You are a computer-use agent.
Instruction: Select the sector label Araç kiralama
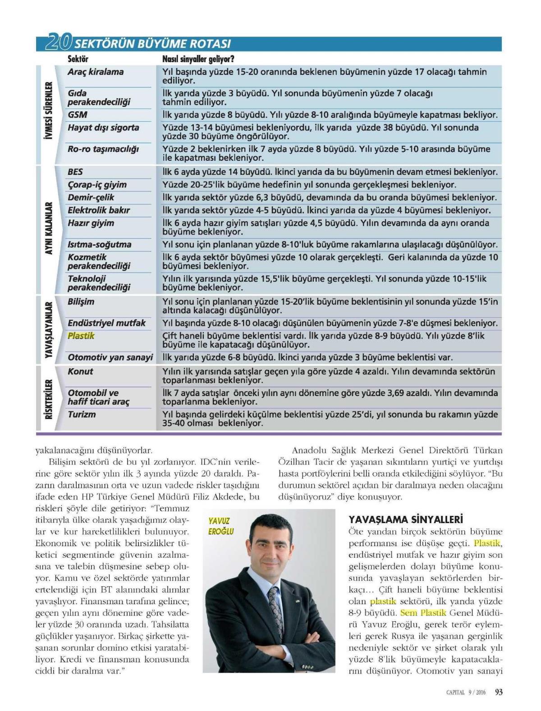(96, 72)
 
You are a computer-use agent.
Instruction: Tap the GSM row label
(78, 115)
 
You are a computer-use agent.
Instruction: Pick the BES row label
(75, 172)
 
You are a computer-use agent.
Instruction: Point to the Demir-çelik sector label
(91, 197)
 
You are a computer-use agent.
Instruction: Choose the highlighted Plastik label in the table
(81, 336)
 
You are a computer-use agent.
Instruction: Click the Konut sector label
(80, 372)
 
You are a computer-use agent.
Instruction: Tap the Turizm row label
(82, 415)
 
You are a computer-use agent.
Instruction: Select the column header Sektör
(78, 59)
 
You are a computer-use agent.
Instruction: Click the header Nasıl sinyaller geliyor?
(198, 59)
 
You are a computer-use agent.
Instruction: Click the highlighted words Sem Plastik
(423, 613)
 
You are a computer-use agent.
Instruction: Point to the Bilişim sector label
(81, 302)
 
